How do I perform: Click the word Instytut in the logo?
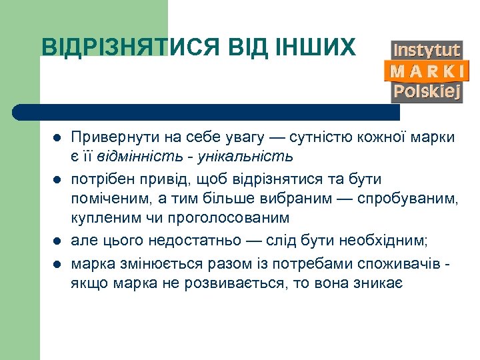click(x=427, y=50)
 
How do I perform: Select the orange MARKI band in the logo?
click(x=427, y=71)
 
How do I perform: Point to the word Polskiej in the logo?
click(x=427, y=91)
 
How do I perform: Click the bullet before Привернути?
click(x=57, y=138)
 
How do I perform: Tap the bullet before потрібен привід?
click(x=57, y=181)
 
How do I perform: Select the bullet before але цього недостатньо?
click(x=57, y=241)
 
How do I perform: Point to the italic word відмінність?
click(x=140, y=157)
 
